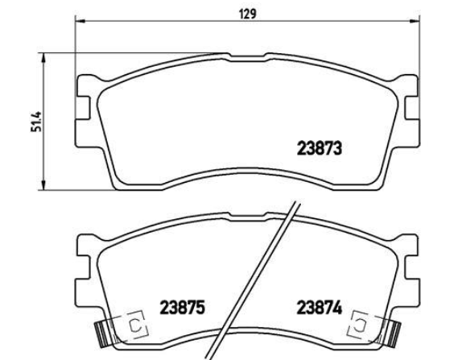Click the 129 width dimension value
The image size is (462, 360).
click(248, 14)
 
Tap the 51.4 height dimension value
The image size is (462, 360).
click(36, 122)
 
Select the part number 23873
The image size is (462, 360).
click(320, 148)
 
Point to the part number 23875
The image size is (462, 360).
click(182, 308)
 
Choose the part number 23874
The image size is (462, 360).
click(320, 308)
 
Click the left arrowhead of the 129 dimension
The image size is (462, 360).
click(80, 21)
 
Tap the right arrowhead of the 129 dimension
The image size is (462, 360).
click(414, 21)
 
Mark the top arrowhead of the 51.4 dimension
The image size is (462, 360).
click(43, 58)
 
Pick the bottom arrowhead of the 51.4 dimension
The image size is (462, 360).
click(43, 185)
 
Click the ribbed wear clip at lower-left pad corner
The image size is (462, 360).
click(101, 333)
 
